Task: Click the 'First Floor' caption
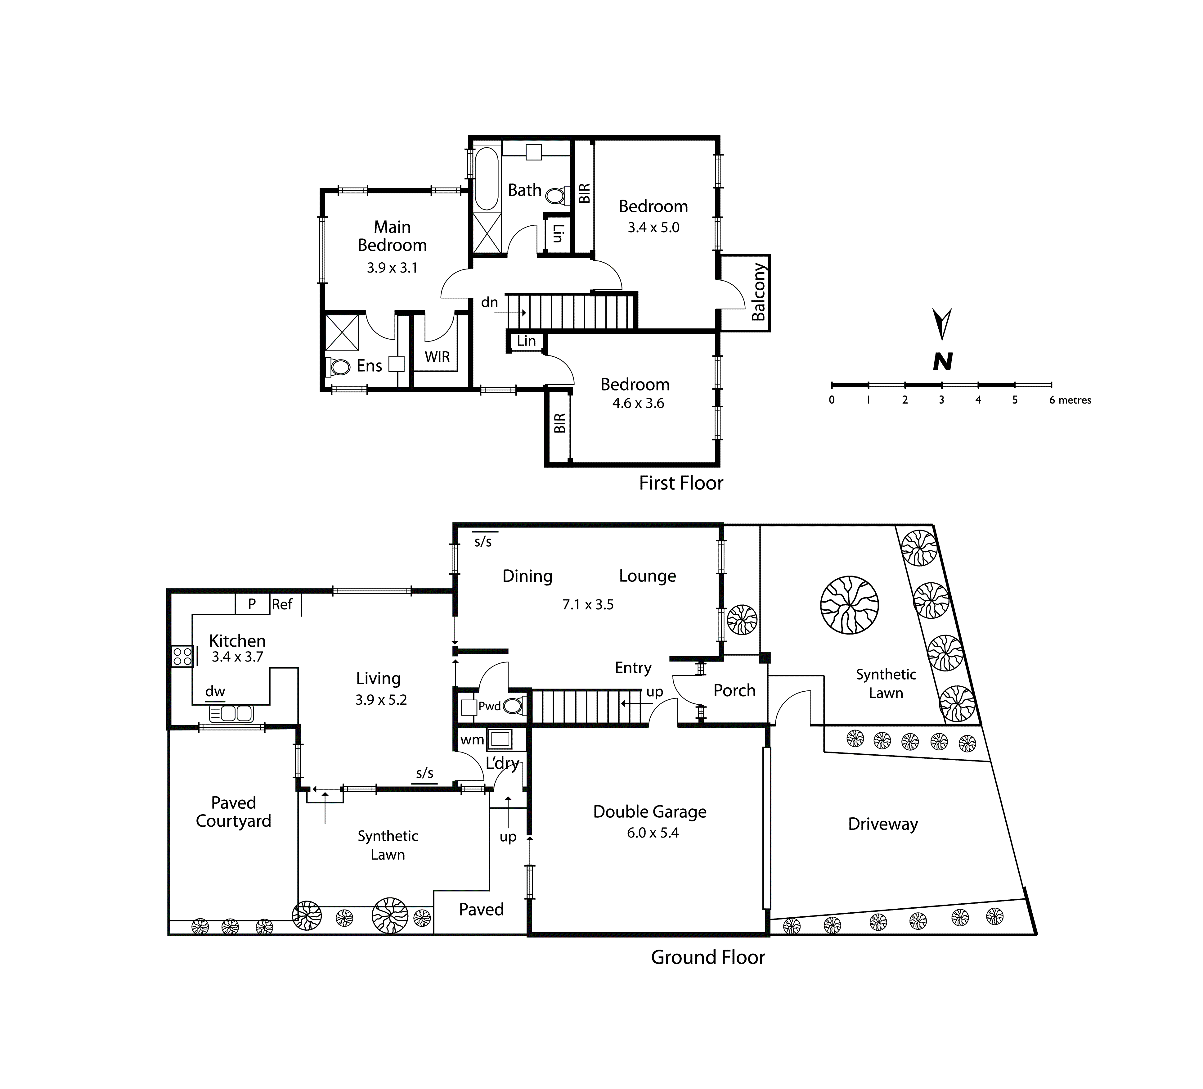681,483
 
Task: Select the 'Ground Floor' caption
708,957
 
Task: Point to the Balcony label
758,292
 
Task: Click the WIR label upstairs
438,357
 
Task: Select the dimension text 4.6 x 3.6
638,404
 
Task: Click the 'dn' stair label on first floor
489,302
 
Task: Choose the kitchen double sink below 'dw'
231,713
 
